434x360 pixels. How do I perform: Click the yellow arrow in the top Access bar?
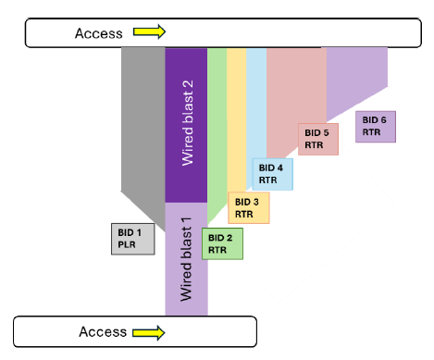click(x=149, y=32)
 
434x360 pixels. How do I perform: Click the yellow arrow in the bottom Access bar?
click(x=148, y=331)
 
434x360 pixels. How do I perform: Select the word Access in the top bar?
click(x=98, y=33)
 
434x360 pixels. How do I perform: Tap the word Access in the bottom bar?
click(x=102, y=331)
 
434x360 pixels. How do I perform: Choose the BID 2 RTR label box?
click(x=222, y=242)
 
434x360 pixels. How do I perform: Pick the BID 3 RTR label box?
click(x=248, y=207)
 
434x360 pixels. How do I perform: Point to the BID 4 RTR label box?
click(x=272, y=174)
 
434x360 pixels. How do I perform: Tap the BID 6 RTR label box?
click(x=376, y=126)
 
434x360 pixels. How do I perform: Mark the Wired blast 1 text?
click(x=185, y=258)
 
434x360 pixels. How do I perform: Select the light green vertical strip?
click(x=217, y=120)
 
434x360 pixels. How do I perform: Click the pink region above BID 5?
click(x=294, y=93)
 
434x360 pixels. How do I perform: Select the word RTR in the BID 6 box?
click(x=371, y=132)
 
